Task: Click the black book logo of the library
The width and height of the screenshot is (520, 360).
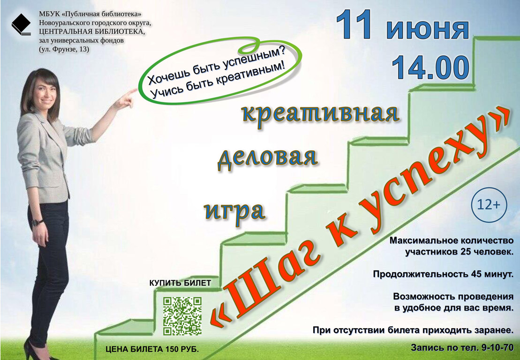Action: (21, 24)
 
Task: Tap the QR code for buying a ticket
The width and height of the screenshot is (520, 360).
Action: (182, 316)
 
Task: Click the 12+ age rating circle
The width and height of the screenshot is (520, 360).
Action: (489, 205)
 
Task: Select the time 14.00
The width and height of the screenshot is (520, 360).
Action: (430, 68)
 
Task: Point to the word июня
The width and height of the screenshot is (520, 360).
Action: (428, 29)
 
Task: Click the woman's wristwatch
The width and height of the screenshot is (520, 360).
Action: (37, 223)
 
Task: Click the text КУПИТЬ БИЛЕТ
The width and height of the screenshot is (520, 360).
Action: (180, 283)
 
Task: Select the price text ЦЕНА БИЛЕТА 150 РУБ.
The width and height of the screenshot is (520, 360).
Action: (152, 349)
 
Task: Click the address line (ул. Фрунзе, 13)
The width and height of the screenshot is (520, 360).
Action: (64, 50)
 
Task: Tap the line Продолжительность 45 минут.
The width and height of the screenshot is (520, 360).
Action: (443, 274)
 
